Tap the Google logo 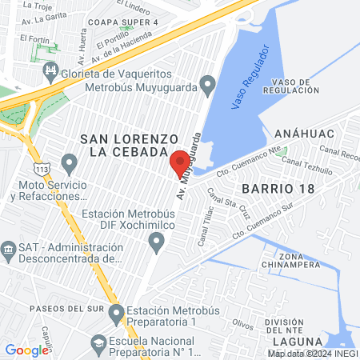pyautogui.click(x=26, y=350)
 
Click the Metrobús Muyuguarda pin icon pyautogui.click(x=207, y=82)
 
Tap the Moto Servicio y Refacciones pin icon pyautogui.click(x=69, y=166)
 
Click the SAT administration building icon pyautogui.click(x=10, y=250)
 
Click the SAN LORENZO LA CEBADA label pyautogui.click(x=123, y=145)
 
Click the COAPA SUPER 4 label pyautogui.click(x=124, y=22)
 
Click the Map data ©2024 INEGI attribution pyautogui.click(x=313, y=353)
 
